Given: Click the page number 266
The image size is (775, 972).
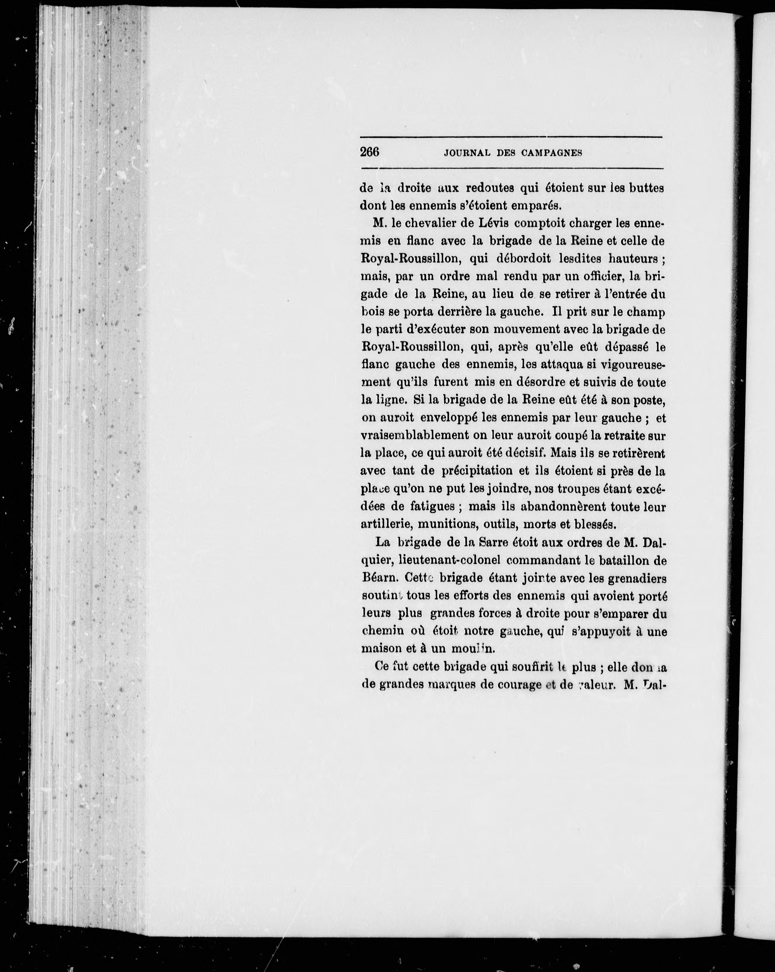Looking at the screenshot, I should pyautogui.click(x=370, y=152).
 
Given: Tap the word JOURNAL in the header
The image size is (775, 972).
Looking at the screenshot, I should pyautogui.click(x=467, y=153).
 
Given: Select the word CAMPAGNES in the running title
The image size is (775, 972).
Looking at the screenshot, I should pyautogui.click(x=552, y=153).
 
